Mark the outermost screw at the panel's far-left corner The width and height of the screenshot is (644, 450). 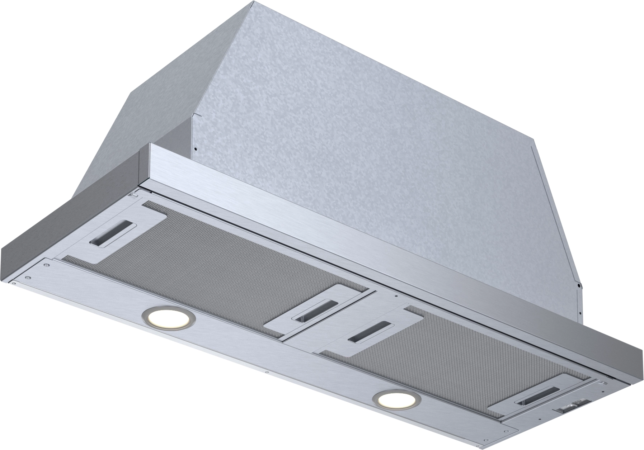pos(14,283)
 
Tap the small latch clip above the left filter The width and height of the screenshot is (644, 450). pos(134,195)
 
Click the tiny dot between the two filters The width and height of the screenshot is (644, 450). pos(395,296)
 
